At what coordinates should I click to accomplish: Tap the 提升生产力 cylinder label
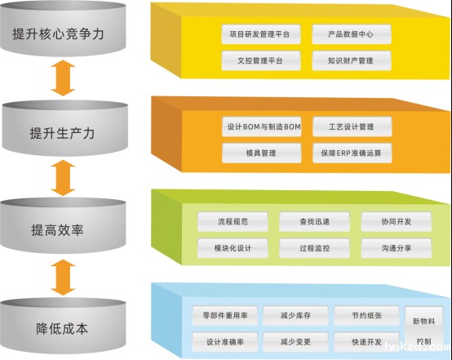tap(62, 132)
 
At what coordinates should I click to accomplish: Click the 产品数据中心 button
tap(352, 35)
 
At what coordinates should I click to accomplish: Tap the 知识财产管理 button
tap(352, 60)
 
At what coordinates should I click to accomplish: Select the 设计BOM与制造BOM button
tap(261, 127)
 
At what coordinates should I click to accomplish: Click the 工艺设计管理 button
tap(352, 127)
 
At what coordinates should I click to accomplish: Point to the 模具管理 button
tap(261, 153)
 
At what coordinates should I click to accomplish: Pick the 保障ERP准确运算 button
tap(352, 153)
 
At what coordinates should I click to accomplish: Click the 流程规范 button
tap(233, 221)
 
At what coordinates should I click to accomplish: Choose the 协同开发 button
tap(397, 221)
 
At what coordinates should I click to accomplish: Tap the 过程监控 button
tap(314, 246)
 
